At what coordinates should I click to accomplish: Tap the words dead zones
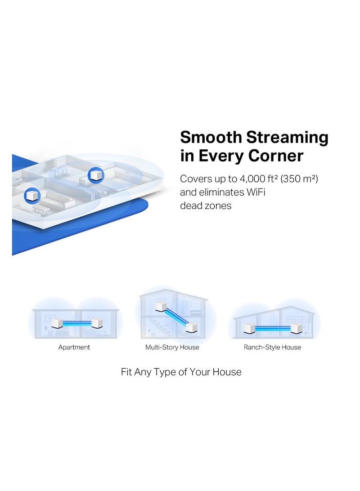(206, 206)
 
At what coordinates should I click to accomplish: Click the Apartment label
(74, 347)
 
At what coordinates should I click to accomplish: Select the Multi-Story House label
(172, 347)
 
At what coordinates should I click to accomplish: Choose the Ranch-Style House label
(272, 347)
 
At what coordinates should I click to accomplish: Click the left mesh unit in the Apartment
(57, 323)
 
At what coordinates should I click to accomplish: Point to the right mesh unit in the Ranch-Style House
(297, 328)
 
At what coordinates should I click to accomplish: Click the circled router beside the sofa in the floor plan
(32, 196)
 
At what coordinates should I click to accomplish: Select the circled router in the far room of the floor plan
(96, 174)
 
